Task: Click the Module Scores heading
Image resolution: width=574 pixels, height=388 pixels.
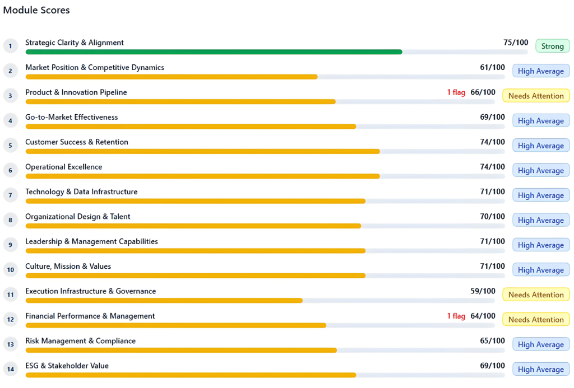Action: pos(36,10)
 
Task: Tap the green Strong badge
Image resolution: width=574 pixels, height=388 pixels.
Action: pos(552,46)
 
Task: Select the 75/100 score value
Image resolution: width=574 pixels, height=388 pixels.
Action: pos(516,43)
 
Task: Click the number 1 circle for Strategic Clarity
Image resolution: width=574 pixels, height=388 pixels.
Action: pos(11,46)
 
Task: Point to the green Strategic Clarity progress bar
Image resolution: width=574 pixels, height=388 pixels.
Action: pos(213,52)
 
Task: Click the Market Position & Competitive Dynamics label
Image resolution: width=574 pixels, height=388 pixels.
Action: pos(95,67)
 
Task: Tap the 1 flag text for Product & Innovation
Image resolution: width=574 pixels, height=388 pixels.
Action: pos(456,92)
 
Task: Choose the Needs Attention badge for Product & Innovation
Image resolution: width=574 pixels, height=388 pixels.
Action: pos(535,96)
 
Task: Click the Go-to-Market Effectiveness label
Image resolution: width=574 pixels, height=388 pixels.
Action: pos(71,117)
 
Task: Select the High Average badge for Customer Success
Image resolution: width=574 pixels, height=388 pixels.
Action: pos(540,146)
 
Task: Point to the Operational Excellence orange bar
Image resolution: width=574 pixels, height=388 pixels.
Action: pos(202,176)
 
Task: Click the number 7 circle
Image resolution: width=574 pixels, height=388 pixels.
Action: pos(11,195)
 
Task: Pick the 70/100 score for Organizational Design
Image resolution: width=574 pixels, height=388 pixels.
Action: pos(492,217)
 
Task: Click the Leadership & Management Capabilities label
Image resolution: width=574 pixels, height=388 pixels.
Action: pos(91,241)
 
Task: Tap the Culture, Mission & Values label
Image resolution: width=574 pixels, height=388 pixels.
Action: pos(68,267)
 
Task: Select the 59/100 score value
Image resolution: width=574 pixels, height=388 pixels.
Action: pos(483,291)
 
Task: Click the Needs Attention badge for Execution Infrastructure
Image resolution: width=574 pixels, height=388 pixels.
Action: pos(535,294)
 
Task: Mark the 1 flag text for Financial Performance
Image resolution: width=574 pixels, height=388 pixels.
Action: pos(456,316)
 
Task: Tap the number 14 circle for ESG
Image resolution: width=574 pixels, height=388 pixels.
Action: pos(11,369)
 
